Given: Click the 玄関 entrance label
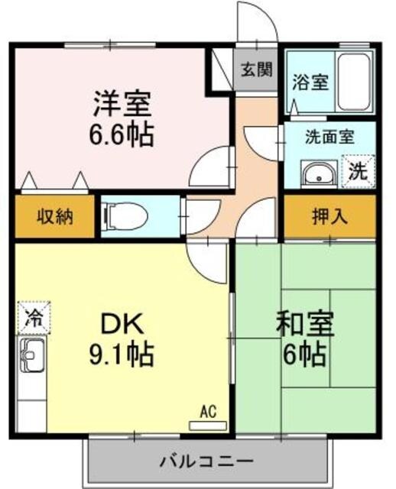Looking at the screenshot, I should click(257, 70).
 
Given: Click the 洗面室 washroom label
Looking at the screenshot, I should click(329, 138).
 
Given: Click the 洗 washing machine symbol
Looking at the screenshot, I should click(357, 171).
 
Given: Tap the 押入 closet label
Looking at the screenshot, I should click(329, 216).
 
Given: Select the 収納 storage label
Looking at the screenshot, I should click(54, 216).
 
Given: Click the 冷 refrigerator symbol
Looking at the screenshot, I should click(33, 315).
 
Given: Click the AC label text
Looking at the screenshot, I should click(207, 412).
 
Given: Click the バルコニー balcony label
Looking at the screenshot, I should click(206, 462).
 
